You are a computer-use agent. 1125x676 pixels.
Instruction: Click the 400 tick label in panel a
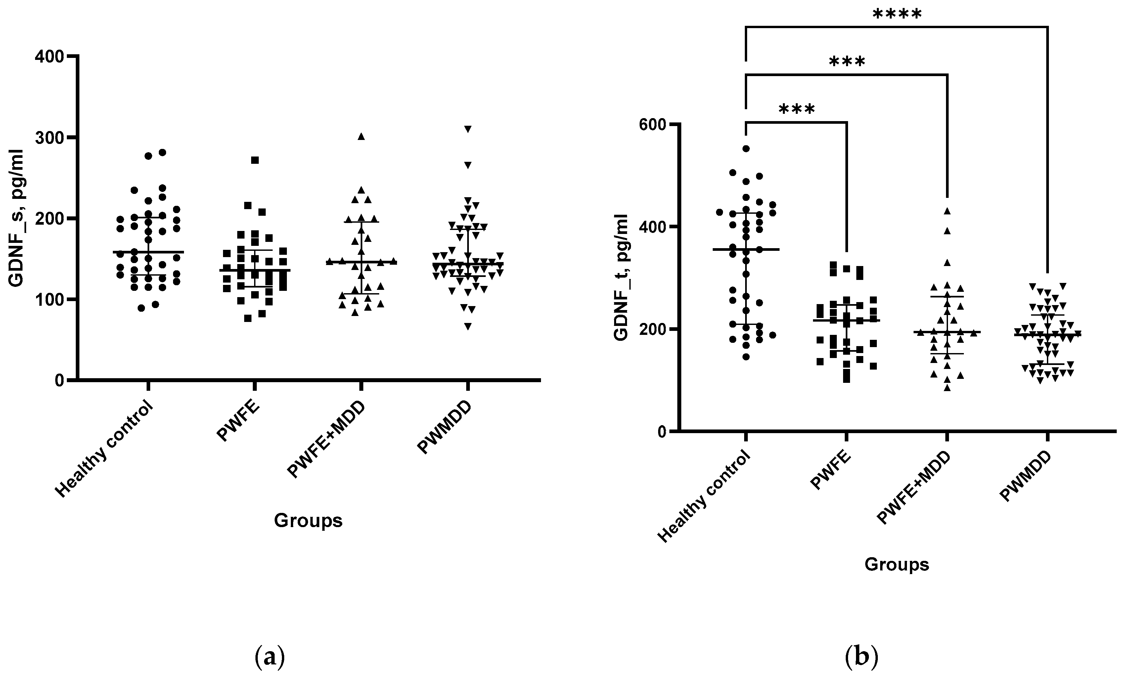[50, 57]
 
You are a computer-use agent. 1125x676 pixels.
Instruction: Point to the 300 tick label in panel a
[50, 138]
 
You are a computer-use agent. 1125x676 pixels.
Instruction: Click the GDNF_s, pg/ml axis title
[17, 218]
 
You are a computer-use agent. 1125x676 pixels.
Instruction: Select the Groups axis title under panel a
[308, 520]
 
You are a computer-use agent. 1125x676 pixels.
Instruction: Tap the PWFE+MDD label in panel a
[327, 440]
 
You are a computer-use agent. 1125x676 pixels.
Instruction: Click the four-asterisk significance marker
[897, 15]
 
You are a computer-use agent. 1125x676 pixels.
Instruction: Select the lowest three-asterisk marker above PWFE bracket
[797, 109]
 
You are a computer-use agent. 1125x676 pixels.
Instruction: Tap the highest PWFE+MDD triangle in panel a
[361, 136]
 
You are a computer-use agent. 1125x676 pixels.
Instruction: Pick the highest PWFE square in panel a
[255, 160]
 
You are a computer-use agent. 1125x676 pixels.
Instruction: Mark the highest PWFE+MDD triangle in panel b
[947, 210]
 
